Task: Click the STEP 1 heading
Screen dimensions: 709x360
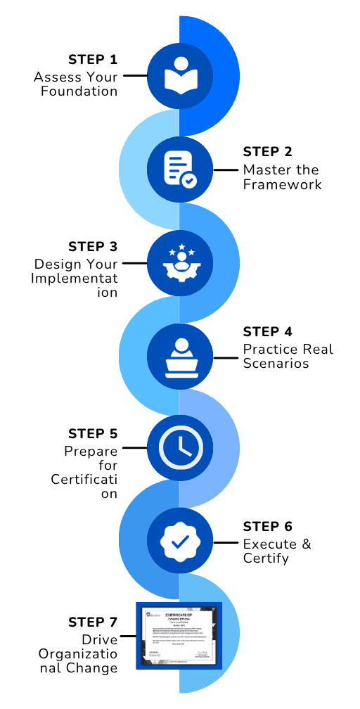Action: click(93, 58)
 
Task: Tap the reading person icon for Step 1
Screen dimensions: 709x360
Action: click(180, 76)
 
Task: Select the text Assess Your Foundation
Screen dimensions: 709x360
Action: click(76, 84)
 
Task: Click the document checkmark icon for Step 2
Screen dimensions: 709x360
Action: click(180, 170)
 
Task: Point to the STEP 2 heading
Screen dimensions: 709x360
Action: click(267, 152)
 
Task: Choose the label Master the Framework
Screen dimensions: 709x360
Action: click(281, 177)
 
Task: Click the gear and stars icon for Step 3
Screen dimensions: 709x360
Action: click(180, 264)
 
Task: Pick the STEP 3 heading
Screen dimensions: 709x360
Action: click(93, 247)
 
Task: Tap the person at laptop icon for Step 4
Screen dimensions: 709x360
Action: click(180, 358)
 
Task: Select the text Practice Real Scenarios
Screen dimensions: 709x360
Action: click(288, 356)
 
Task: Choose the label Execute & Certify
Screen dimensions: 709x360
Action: click(276, 551)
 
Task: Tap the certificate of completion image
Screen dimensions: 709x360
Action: click(179, 637)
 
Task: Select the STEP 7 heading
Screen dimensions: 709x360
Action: click(93, 622)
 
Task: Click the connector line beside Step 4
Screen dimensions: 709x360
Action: click(226, 357)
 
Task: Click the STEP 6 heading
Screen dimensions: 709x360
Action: click(267, 527)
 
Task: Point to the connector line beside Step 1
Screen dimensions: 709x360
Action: click(134, 75)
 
